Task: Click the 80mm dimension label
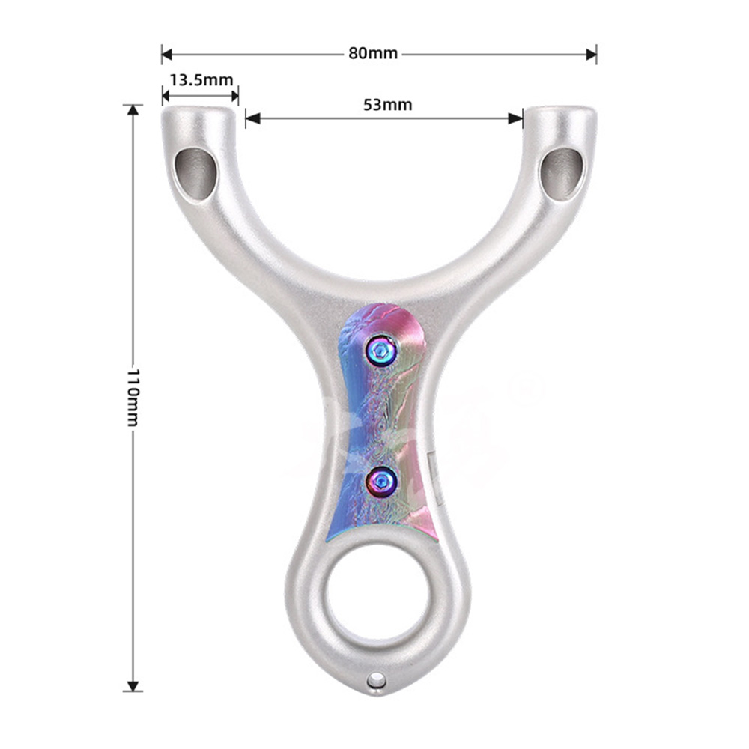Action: [372, 53]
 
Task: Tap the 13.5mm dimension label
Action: [201, 80]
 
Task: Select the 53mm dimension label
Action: [387, 105]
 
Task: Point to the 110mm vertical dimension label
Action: [133, 397]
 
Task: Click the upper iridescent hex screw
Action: [380, 352]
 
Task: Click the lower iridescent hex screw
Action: [381, 481]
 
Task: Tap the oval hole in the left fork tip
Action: [195, 174]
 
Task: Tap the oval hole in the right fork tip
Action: [562, 174]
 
